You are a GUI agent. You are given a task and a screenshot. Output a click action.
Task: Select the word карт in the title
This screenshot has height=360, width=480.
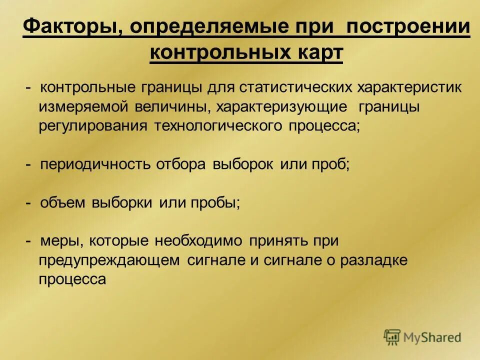[318, 52]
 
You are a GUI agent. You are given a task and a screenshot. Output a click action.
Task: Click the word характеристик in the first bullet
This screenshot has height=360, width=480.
[409, 87]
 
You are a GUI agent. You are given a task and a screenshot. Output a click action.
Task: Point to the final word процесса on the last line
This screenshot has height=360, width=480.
[72, 279]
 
